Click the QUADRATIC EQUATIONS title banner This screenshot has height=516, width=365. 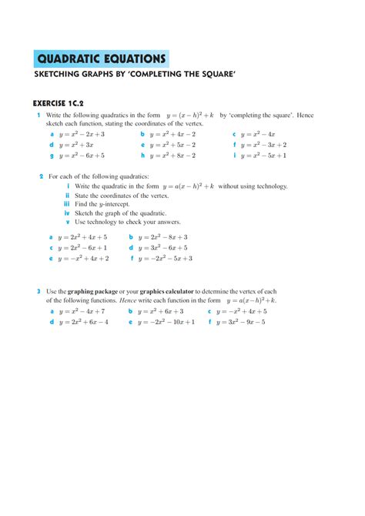pyautogui.click(x=102, y=59)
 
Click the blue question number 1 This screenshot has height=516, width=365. pyautogui.click(x=38, y=114)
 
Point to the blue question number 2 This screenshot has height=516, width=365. pyautogui.click(x=41, y=176)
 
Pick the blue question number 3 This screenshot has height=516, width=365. pyautogui.click(x=38, y=292)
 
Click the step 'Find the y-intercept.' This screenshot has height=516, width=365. pyautogui.click(x=102, y=204)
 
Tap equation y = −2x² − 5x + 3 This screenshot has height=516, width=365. pyautogui.click(x=166, y=259)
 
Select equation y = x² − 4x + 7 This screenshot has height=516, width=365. pyautogui.click(x=81, y=311)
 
